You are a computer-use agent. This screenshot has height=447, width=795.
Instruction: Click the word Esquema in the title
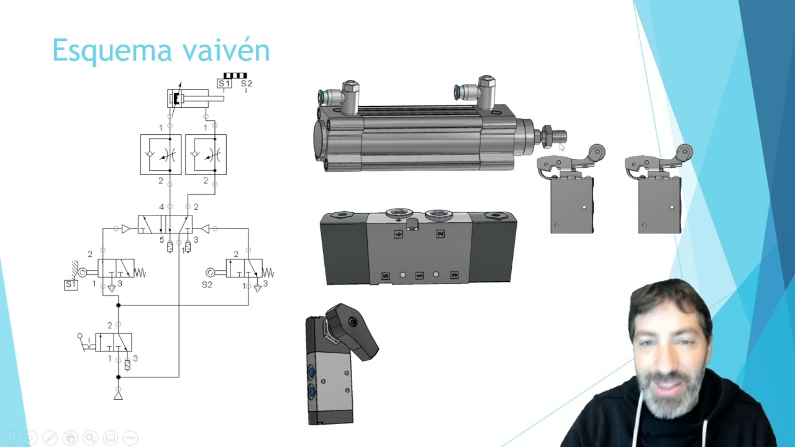[112, 51]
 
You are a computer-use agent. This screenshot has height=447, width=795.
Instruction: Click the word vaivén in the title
[227, 50]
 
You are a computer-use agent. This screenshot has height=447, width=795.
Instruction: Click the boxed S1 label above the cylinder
[224, 84]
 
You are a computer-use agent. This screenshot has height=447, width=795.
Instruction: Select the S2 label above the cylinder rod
[247, 84]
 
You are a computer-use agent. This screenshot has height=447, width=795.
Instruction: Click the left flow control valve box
[161, 155]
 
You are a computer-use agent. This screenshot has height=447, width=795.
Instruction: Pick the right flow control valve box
[206, 155]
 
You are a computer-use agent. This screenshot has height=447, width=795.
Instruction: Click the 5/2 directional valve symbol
[165, 224]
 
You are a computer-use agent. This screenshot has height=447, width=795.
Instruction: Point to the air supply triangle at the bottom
[118, 396]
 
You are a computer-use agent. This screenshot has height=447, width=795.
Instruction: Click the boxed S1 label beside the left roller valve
[71, 284]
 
